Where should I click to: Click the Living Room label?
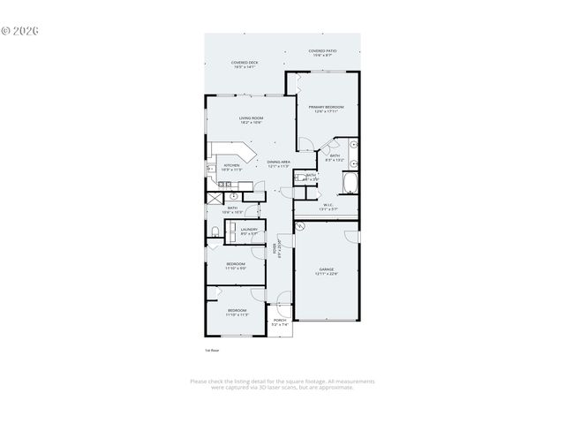click(251, 120)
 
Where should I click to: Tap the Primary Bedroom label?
click(326, 109)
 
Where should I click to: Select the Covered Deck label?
click(244, 64)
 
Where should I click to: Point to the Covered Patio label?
click(323, 54)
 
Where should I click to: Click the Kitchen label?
click(231, 167)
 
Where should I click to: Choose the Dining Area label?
click(279, 164)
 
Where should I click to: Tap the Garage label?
click(326, 272)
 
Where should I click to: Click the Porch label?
click(280, 323)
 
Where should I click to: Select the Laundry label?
click(249, 231)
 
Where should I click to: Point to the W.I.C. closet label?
click(327, 208)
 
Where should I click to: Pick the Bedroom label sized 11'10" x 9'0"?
click(235, 266)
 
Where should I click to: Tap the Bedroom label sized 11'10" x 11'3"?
click(237, 312)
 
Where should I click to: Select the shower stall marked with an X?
click(215, 197)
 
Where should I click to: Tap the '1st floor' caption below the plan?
click(211, 351)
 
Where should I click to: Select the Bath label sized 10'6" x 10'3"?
click(232, 210)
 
